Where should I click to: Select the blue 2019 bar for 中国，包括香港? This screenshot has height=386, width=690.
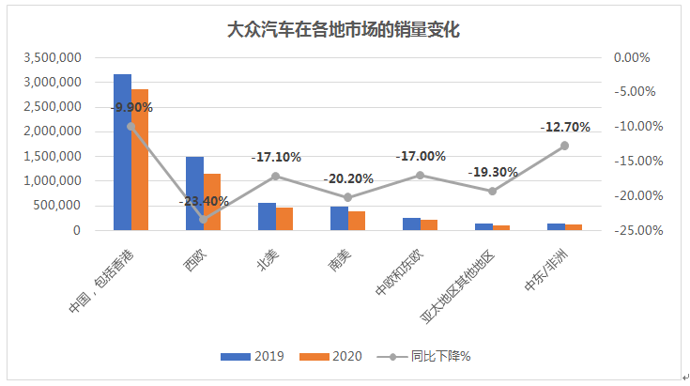point(122,151)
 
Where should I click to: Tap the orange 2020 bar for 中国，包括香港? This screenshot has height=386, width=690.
point(140,160)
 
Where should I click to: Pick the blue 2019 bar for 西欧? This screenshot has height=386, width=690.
point(194,193)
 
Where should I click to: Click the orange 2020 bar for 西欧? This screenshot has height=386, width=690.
point(212,202)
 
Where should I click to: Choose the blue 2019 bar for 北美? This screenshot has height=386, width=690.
point(267,217)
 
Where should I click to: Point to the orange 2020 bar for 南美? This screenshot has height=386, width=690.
point(357,221)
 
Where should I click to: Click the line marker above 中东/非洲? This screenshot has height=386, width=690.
point(564,146)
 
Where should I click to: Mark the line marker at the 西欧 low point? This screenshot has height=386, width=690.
point(203,219)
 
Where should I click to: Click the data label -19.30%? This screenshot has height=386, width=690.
point(492,173)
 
